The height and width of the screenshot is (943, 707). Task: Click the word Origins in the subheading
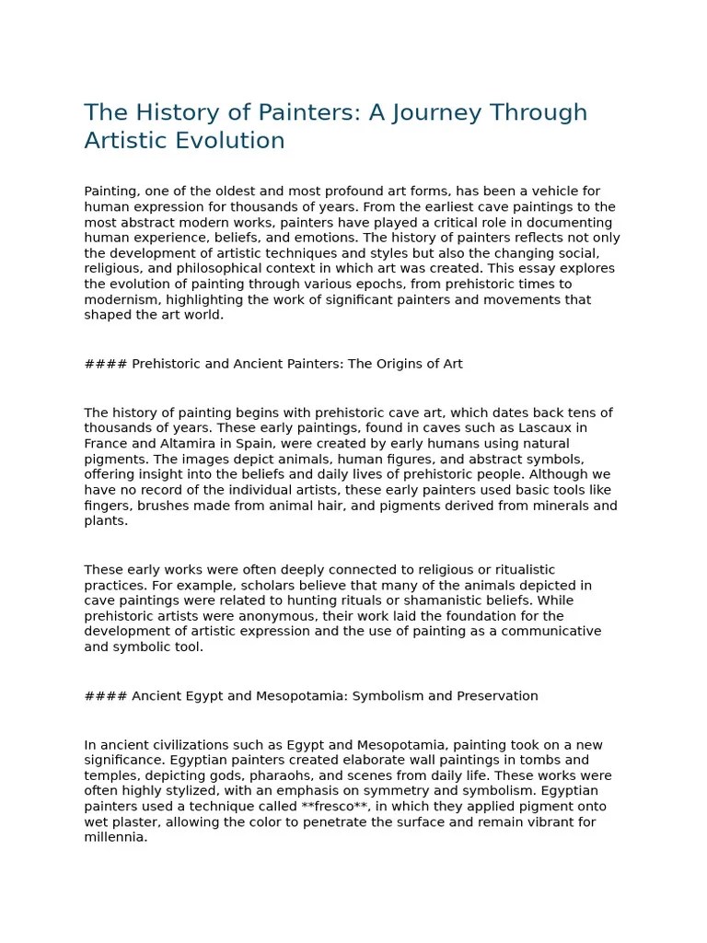tap(400, 364)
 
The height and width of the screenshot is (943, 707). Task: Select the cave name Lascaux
tap(557, 428)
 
